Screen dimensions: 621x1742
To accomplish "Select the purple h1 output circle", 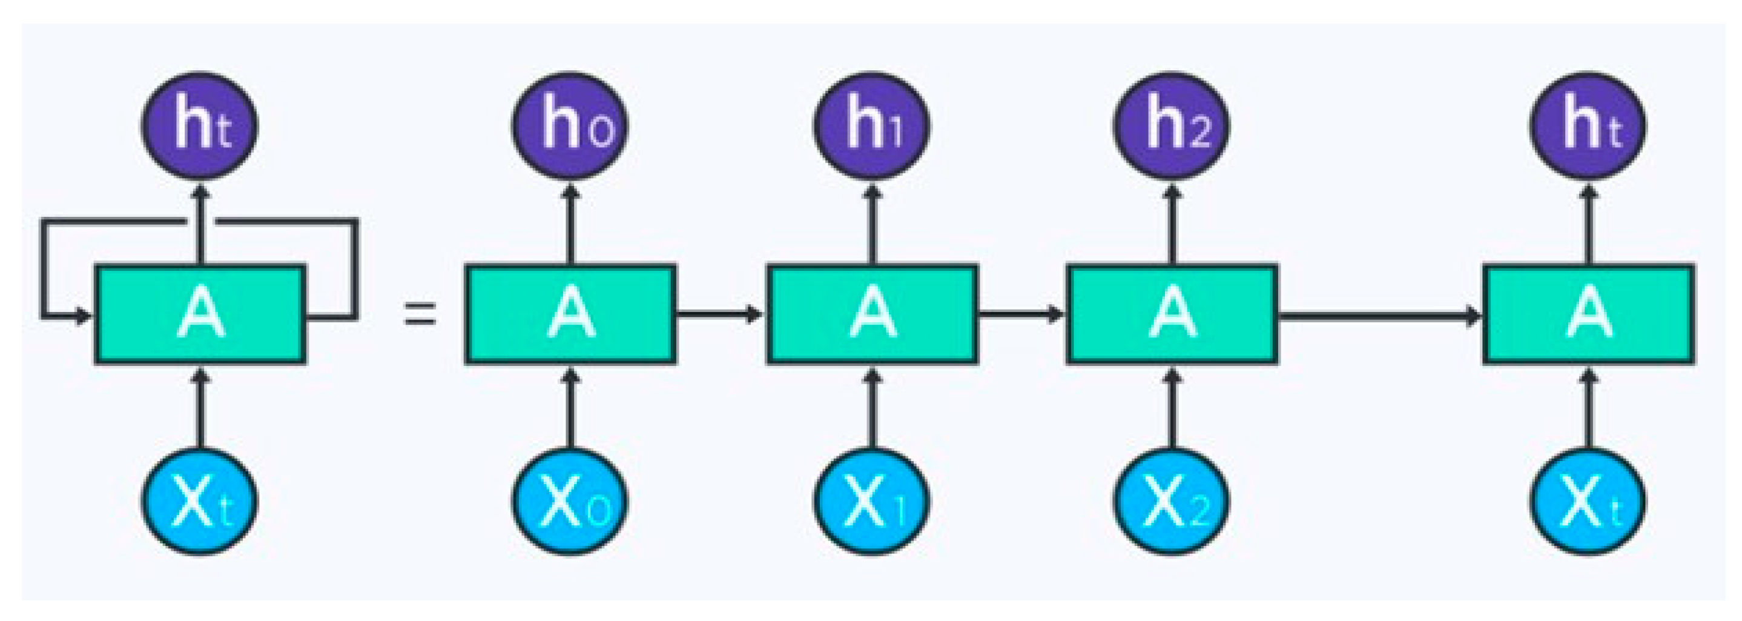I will click(871, 127).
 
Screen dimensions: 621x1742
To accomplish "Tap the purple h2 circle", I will click(1172, 127).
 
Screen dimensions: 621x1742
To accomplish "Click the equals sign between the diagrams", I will click(419, 314).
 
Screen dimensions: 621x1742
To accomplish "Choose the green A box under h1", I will click(871, 314).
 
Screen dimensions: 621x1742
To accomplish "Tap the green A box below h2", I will click(1172, 314).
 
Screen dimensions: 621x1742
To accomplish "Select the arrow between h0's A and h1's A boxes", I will click(719, 314).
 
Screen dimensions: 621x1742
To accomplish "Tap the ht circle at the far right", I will click(1588, 127).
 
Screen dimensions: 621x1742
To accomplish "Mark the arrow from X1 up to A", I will click(871, 410).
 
